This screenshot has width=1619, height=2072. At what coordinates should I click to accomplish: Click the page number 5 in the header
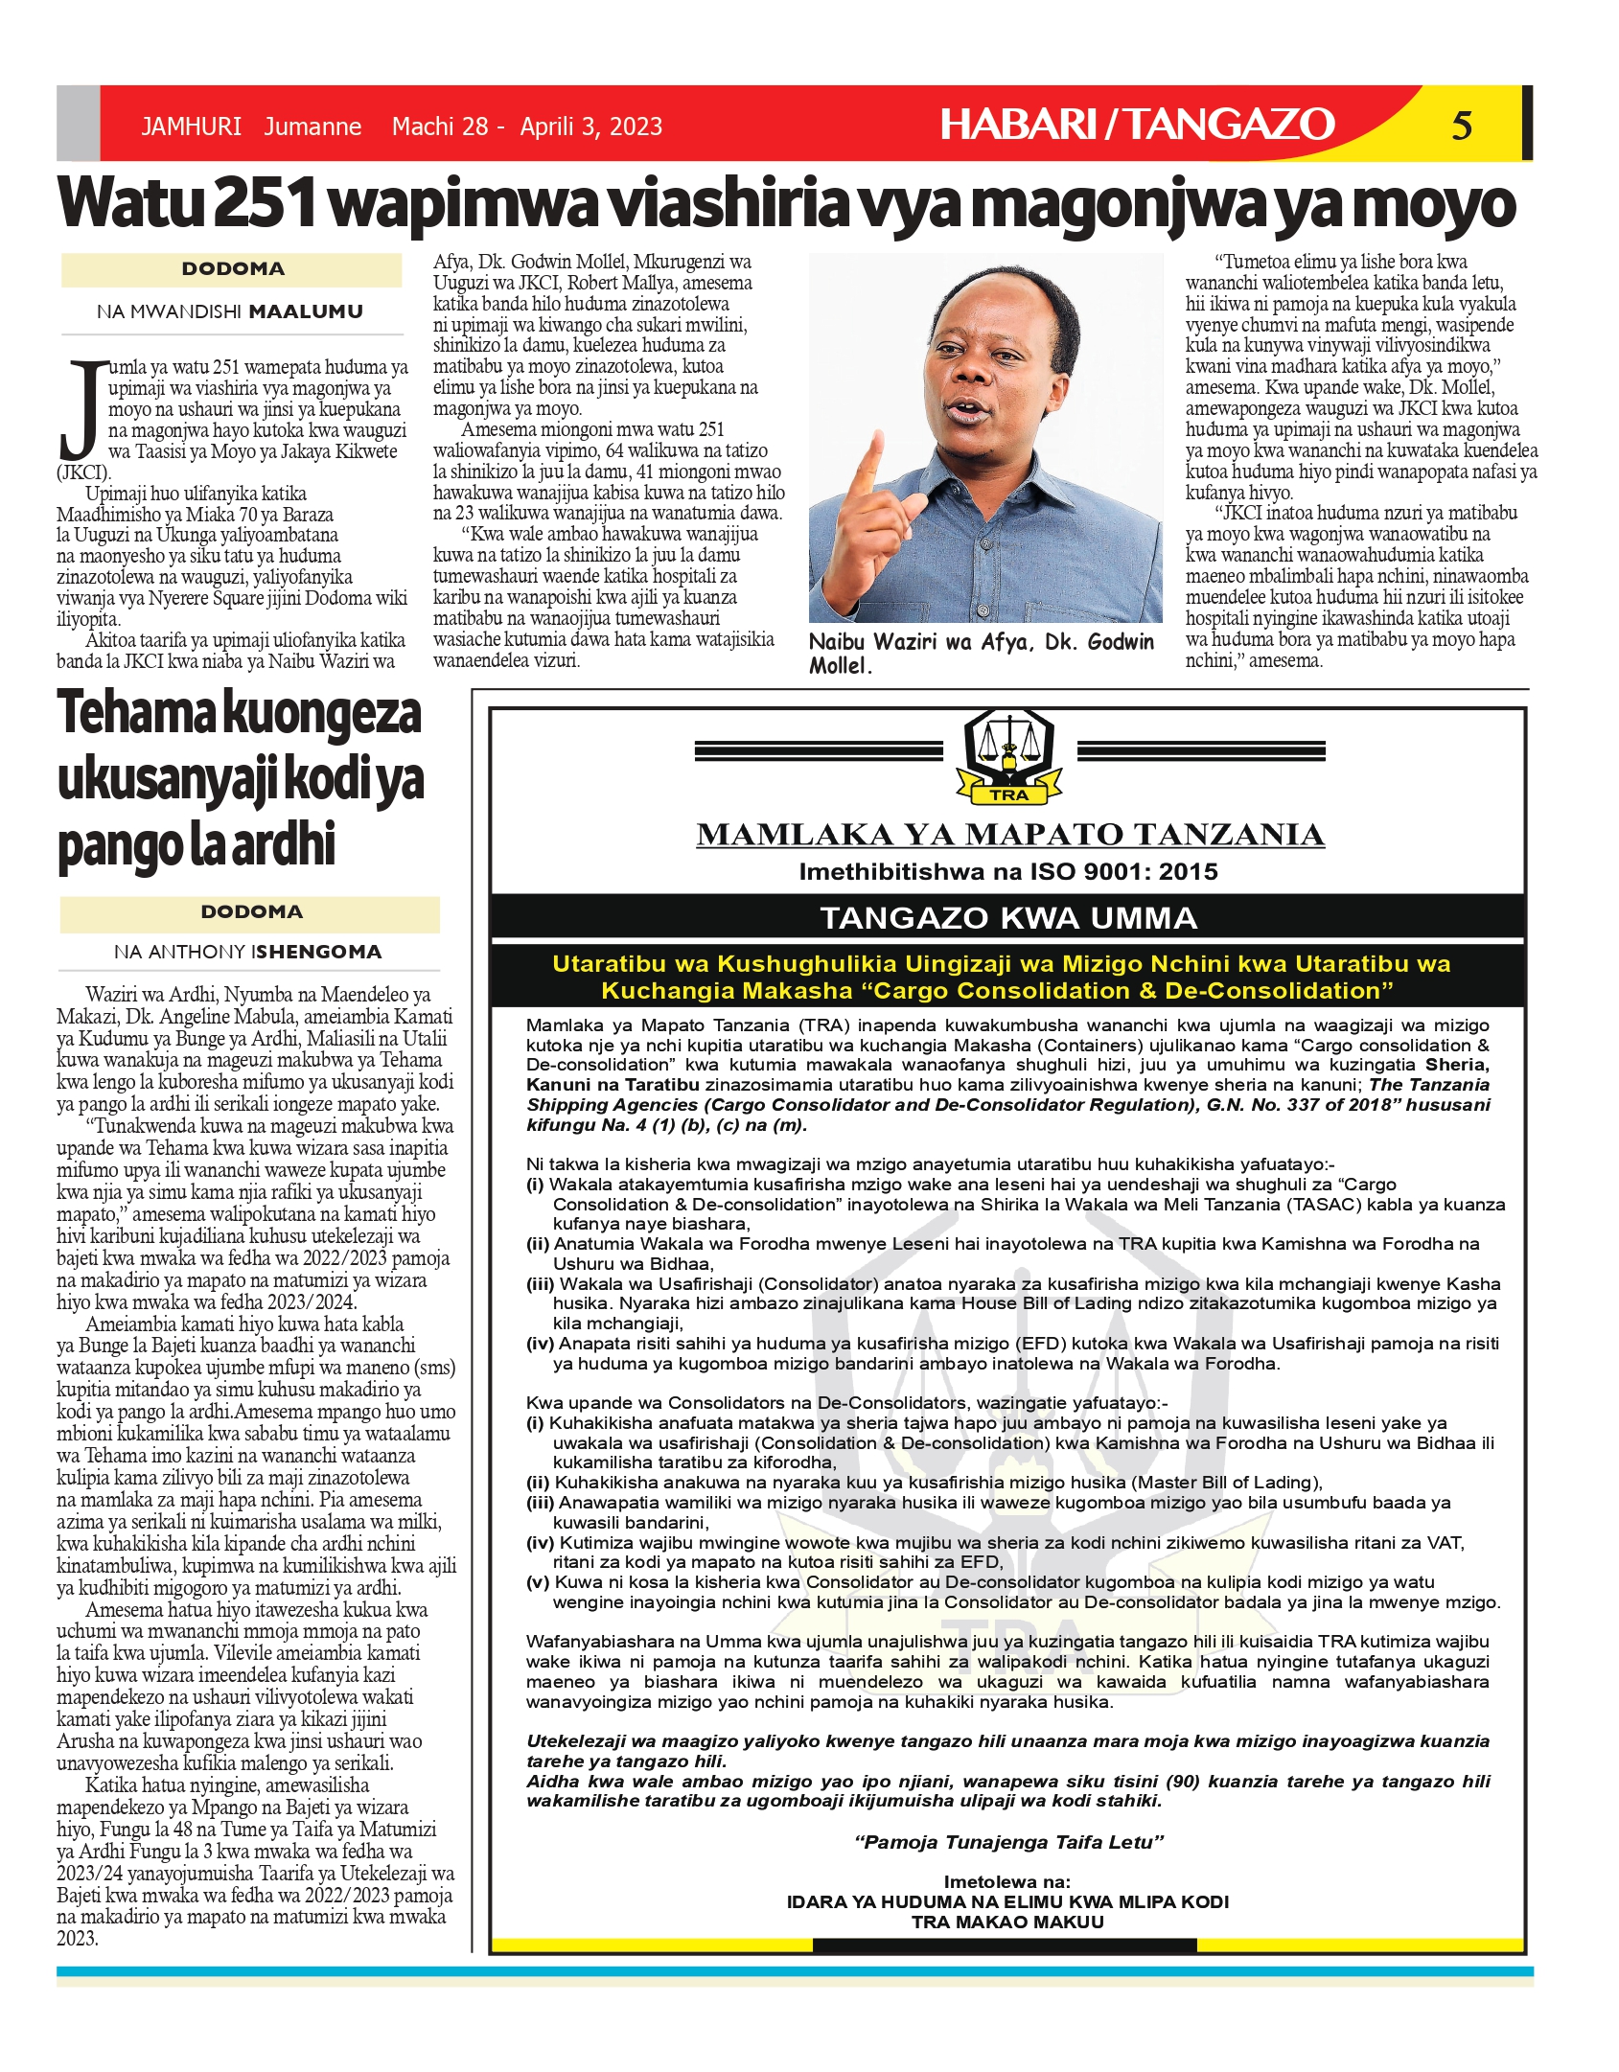click(1461, 126)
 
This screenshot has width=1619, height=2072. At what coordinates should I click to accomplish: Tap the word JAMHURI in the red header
click(191, 127)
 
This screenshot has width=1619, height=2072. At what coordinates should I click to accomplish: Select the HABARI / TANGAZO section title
click(1137, 125)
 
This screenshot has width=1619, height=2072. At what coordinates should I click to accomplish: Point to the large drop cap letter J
click(81, 409)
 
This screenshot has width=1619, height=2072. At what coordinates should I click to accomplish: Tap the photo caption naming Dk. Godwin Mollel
click(981, 653)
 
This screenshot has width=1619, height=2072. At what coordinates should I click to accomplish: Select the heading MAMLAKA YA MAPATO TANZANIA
click(1010, 834)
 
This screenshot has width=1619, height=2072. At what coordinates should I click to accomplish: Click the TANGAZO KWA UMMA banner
click(1008, 917)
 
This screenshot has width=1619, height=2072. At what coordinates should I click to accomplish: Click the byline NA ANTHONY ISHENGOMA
click(247, 952)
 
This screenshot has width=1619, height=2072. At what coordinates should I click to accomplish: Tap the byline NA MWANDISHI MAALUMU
click(230, 311)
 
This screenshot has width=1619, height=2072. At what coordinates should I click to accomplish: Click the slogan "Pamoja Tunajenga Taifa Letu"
click(1008, 1841)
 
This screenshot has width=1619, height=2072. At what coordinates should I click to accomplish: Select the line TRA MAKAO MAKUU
click(1007, 1922)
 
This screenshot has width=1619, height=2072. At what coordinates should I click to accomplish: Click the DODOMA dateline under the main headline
click(233, 269)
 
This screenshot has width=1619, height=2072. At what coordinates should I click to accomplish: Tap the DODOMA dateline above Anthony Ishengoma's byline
click(251, 911)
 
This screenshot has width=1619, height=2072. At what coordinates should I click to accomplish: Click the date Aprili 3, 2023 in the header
click(590, 127)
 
